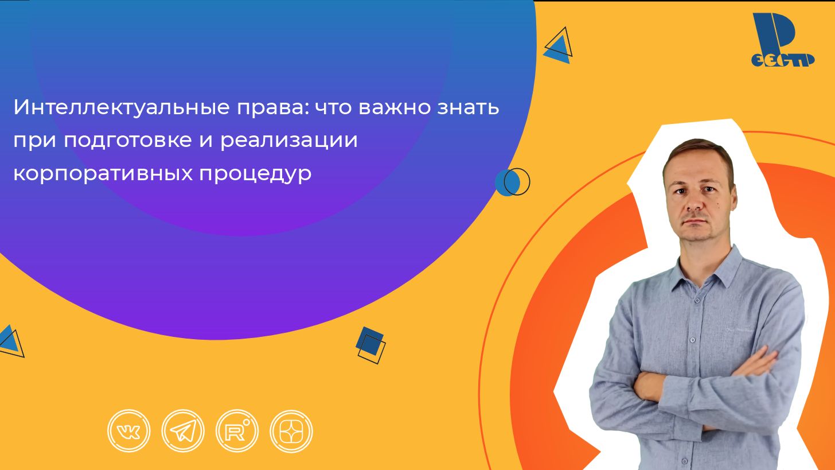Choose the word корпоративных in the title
coord(102,173)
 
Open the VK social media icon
coord(128,431)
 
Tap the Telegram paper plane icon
coord(183,431)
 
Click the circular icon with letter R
coord(237,431)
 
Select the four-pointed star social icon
coord(291,431)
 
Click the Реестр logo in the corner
coord(782,41)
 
